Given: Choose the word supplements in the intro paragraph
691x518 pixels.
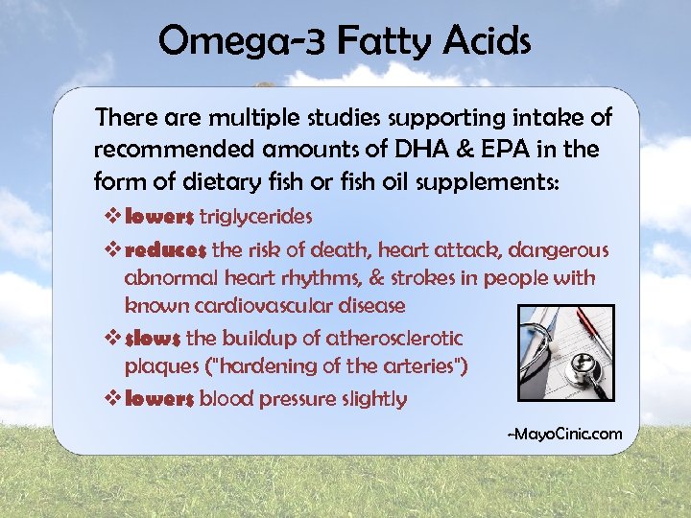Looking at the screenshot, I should click(485, 181).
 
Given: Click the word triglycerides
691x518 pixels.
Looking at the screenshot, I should click(255, 218).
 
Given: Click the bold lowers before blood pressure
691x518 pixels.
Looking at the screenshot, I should click(159, 399).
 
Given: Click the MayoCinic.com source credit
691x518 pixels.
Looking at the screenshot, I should click(564, 435).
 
